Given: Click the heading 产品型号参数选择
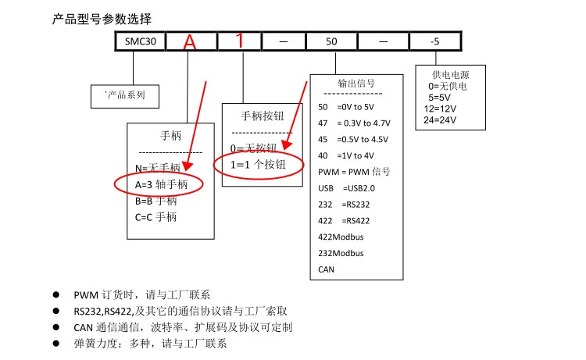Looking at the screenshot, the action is tap(102, 17).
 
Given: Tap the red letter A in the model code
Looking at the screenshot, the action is tap(190, 42).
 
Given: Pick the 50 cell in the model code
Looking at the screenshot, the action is tap(332, 41).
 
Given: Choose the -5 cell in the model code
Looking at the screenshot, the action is tap(434, 41).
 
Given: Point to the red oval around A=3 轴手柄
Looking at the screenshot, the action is tap(159, 184).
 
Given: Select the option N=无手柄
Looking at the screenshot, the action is tap(158, 168).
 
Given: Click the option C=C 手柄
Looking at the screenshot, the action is tap(155, 216).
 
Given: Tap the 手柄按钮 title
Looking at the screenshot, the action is tap(260, 117).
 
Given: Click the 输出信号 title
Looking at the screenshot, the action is tap(356, 83).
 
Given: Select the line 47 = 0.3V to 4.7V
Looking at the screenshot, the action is tap(355, 123).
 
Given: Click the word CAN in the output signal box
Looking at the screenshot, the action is tap(327, 269).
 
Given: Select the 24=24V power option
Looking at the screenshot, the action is tap(440, 119).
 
